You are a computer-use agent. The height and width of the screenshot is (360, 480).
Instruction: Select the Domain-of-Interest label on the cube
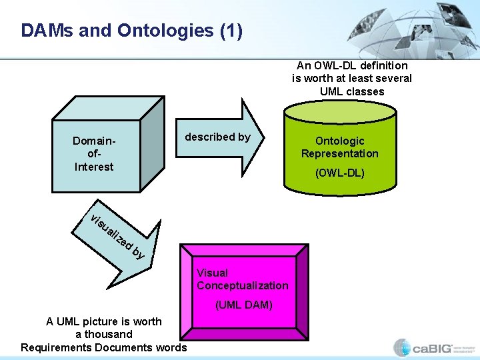[93, 154]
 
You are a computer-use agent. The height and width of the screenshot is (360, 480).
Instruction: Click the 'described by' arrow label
[217, 137]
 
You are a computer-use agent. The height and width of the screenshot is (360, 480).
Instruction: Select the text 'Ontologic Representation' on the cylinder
[339, 147]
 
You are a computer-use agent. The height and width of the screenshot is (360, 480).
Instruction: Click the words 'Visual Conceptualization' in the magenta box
[242, 279]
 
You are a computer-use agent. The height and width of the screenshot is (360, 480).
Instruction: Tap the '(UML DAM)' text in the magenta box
[243, 305]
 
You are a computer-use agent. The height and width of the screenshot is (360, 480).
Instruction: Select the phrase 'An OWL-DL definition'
[352, 65]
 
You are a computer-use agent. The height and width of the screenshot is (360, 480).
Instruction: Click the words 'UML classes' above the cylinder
[352, 91]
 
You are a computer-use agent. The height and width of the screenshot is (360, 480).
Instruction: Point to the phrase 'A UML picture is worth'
[103, 321]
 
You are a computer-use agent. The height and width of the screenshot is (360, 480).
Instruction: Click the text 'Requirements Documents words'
[103, 347]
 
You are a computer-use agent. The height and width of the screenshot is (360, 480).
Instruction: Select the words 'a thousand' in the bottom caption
[103, 334]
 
